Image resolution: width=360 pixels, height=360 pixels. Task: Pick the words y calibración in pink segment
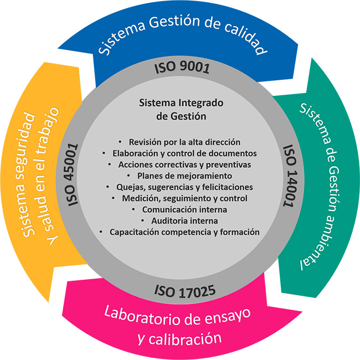179,338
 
